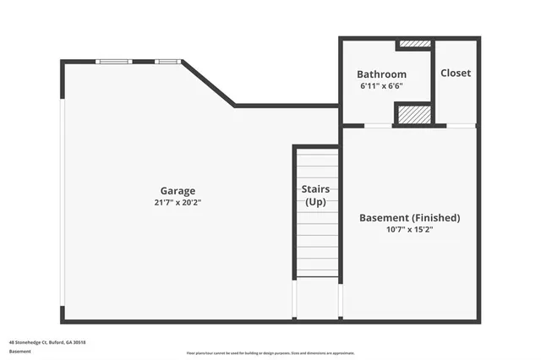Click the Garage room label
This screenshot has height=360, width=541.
click(178, 191)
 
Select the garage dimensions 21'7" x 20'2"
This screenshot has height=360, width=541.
click(178, 203)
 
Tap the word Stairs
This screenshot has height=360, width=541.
click(316, 189)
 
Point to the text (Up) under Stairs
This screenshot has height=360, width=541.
click(316, 202)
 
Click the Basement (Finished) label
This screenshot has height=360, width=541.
click(410, 218)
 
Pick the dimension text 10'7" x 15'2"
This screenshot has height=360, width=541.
click(410, 230)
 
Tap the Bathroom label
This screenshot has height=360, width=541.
click(381, 74)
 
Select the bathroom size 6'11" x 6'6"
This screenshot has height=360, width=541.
click(381, 86)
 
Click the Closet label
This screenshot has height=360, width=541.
click(456, 74)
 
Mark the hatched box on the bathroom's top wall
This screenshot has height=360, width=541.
click(414, 44)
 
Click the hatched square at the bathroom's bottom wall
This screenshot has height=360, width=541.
click(413, 114)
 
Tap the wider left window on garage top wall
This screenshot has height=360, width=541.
click(113, 61)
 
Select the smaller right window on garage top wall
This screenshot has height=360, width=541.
click(167, 61)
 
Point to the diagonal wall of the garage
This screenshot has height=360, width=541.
click(209, 84)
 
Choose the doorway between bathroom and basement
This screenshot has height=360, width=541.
click(377, 126)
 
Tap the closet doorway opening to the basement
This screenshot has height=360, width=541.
click(461, 126)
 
